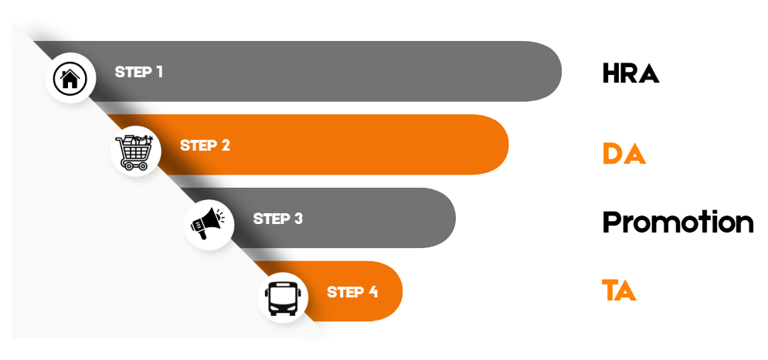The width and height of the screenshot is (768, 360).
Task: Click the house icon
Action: click(70, 77)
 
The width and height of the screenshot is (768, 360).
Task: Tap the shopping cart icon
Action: click(134, 151)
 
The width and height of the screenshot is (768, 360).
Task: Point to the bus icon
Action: click(282, 298)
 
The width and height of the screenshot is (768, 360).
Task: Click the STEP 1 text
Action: click(139, 72)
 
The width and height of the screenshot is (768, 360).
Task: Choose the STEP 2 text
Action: click(205, 145)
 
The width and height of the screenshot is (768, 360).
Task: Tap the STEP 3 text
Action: click(278, 219)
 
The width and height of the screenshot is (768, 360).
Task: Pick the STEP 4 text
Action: click(352, 292)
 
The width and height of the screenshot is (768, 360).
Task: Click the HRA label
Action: click(630, 74)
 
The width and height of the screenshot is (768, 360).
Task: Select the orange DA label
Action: click(624, 155)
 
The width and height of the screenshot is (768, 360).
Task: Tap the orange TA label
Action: click(619, 292)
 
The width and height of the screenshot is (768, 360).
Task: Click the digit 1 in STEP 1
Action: click(159, 72)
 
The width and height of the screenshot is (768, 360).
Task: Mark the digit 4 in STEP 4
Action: click(373, 292)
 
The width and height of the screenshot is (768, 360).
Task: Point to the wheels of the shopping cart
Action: click(135, 165)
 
